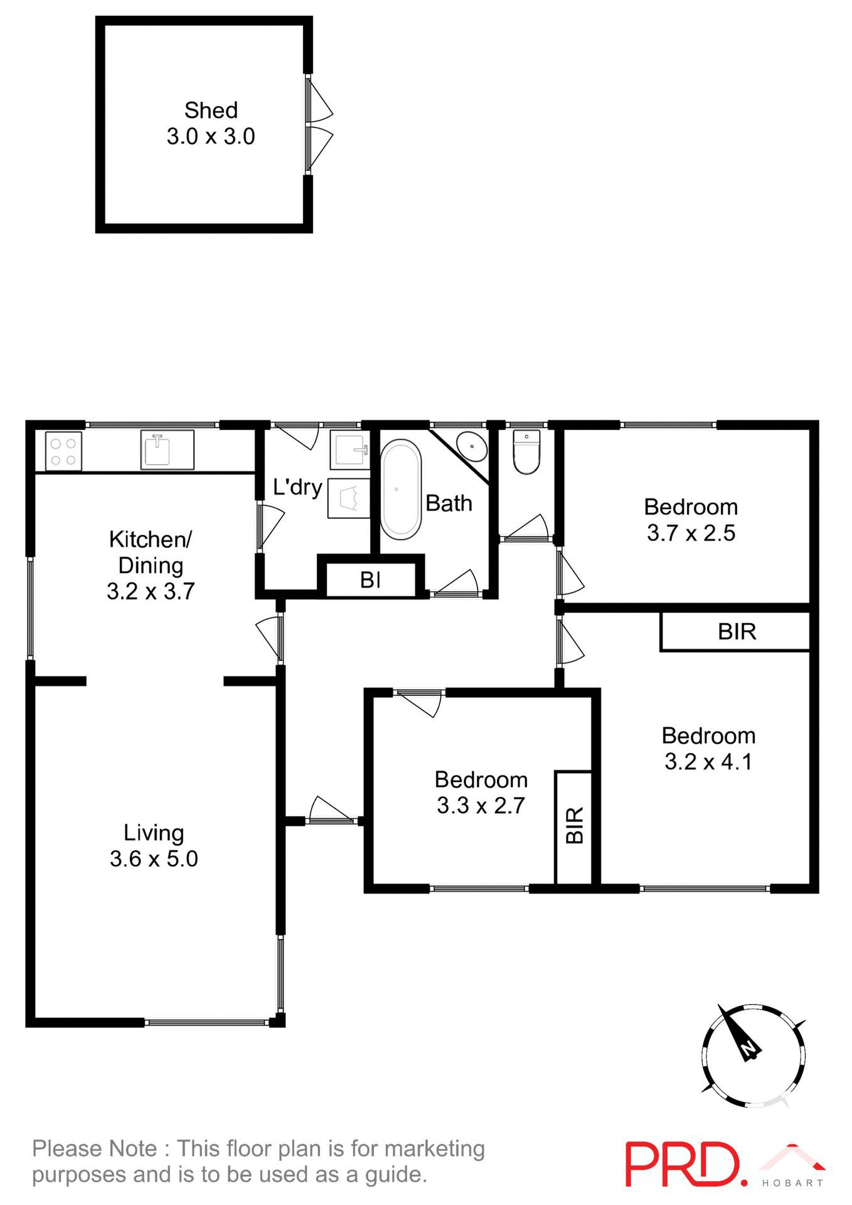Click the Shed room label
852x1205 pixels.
pos(211,110)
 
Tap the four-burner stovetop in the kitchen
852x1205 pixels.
pos(63,451)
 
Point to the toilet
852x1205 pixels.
pos(526,452)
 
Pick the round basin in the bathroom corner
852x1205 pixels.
pos(471,446)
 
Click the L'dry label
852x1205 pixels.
pos(297,487)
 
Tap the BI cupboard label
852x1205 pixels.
pos(370,580)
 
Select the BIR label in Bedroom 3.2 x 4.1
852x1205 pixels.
pos(737,631)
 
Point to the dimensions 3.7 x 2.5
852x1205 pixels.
pos(691,533)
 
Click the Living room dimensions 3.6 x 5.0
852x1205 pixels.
pos(154,858)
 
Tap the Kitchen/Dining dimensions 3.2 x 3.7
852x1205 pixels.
pos(151,591)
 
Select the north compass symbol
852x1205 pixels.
pos(753,1055)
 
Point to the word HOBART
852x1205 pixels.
pos(792,1183)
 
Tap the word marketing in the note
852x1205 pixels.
pos(434,1148)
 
